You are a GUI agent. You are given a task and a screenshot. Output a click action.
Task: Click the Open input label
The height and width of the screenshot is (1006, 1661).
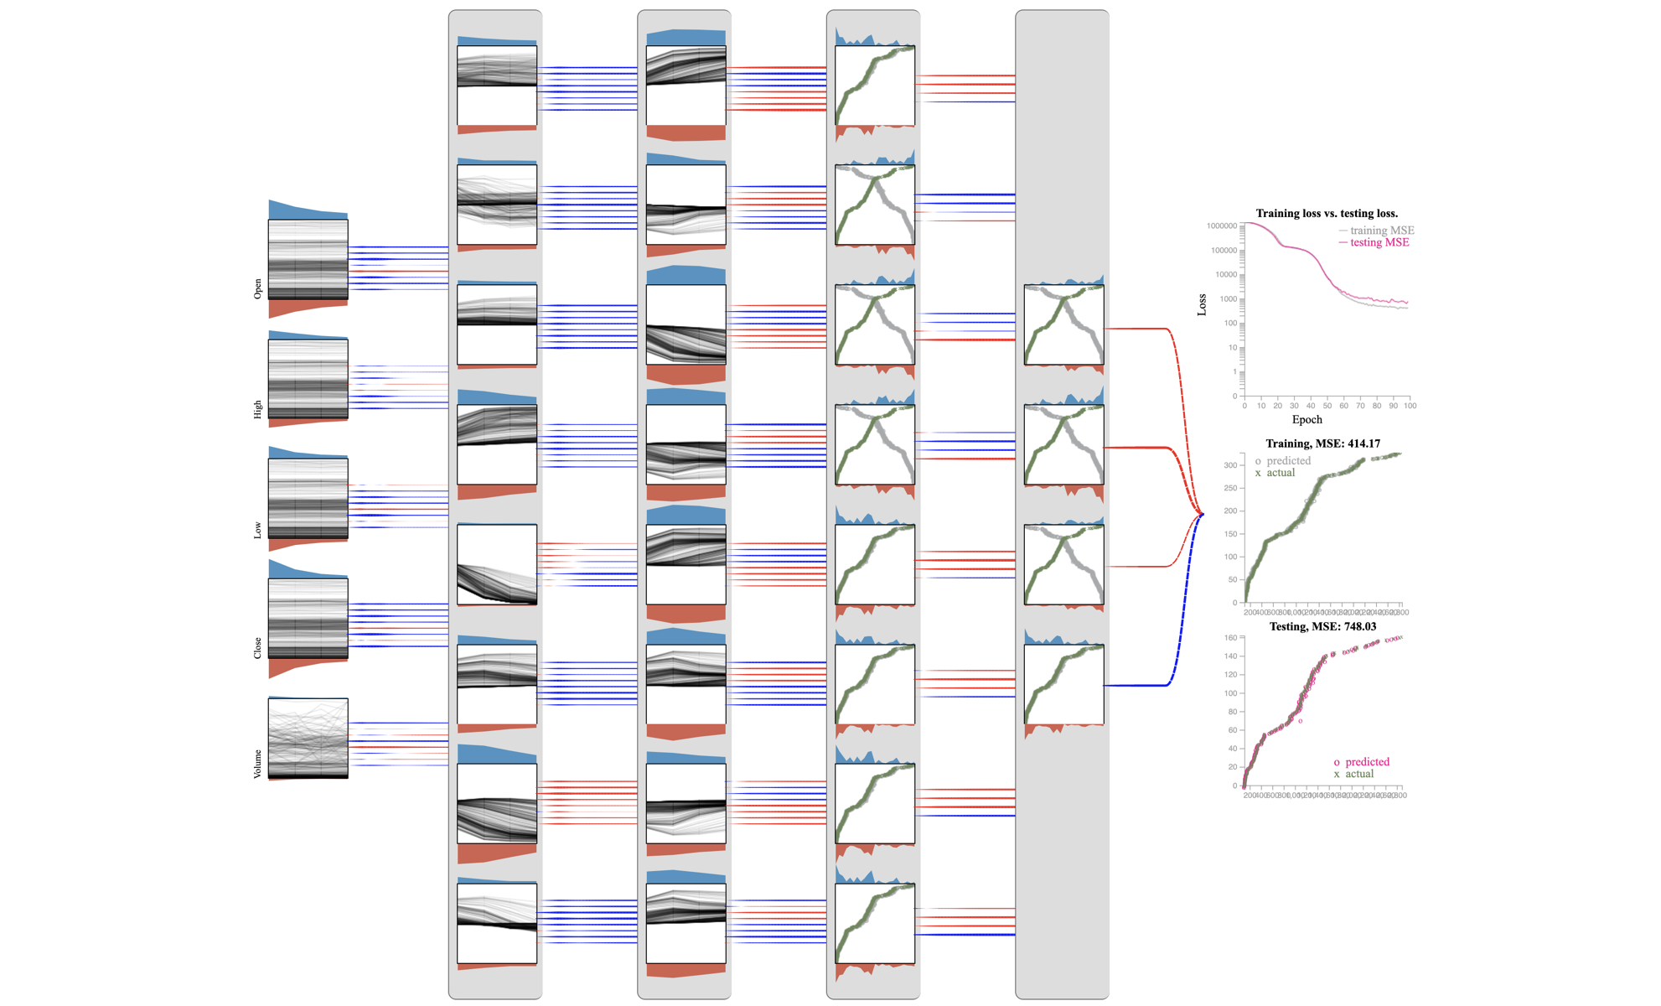tap(258, 288)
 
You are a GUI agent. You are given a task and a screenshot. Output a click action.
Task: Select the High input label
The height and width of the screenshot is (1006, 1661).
tap(258, 409)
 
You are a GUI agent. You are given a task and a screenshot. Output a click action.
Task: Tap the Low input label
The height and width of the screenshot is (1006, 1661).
tap(258, 530)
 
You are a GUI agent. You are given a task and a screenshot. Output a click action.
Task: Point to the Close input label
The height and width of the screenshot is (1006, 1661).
tap(258, 648)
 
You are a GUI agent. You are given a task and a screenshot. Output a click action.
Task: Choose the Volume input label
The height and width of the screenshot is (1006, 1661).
tap(258, 764)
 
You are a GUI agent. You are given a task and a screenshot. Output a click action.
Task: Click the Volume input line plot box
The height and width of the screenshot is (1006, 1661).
tap(308, 738)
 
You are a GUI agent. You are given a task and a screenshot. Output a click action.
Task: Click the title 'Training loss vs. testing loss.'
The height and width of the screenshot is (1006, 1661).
tap(1327, 214)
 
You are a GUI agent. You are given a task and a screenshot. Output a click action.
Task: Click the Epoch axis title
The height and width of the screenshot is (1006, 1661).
tap(1307, 420)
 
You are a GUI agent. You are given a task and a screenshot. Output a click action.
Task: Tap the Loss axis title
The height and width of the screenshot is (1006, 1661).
tap(1202, 304)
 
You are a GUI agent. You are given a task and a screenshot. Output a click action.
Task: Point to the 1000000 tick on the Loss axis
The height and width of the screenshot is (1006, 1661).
tap(1221, 226)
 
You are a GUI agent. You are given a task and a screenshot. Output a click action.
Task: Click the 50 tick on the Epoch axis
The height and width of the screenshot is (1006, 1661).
tap(1327, 406)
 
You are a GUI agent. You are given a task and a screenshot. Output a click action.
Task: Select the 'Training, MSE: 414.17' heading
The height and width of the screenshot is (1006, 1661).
tap(1322, 443)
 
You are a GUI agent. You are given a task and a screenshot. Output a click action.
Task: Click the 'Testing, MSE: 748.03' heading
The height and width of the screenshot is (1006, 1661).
tap(1322, 626)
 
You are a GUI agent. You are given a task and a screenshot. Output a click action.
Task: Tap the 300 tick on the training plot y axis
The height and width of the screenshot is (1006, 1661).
tap(1229, 465)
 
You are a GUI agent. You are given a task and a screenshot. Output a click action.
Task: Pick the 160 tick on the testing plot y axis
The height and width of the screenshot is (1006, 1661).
tap(1230, 638)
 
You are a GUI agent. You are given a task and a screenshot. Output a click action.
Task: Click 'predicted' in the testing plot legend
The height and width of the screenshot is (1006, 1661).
tap(1367, 762)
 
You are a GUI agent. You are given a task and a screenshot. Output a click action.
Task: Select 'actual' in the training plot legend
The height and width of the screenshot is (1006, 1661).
tap(1280, 473)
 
